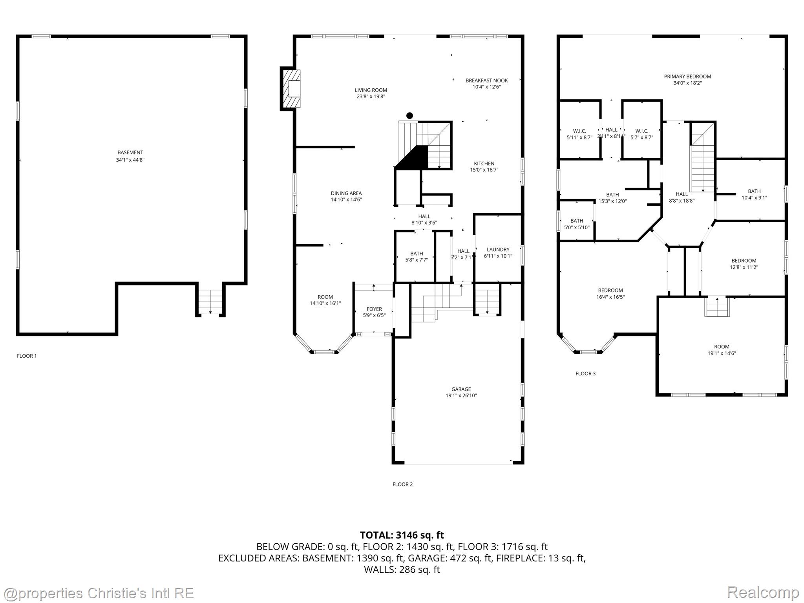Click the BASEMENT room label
point(130,153)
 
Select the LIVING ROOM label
point(371,90)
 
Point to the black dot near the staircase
point(409,115)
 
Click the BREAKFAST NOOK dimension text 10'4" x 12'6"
point(486,87)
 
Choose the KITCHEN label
point(484,164)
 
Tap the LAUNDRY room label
point(498,250)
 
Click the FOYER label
point(374,309)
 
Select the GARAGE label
point(461,389)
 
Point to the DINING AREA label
point(346,193)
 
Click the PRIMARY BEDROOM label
point(687,77)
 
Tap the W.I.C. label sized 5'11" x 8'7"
point(579,131)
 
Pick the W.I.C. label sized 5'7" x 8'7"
point(642,131)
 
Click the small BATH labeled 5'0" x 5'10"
point(577,221)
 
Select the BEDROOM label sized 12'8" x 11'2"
point(744,261)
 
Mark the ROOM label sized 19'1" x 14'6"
point(722,347)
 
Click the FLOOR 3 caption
point(585,373)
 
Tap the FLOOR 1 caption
point(27,356)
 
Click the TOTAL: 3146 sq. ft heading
point(402,535)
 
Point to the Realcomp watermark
point(763,592)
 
